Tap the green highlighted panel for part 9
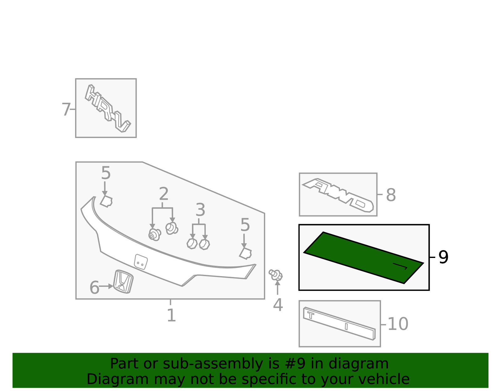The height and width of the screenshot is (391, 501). point(363,257)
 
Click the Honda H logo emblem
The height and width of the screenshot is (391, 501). point(123,281)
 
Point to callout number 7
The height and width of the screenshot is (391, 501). point(66,110)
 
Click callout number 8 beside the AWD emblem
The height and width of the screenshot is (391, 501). point(391,195)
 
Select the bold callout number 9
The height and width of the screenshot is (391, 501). point(443,257)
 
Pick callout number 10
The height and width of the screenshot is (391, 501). point(398,324)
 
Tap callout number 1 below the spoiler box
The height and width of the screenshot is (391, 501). point(171,316)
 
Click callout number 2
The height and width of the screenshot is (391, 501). point(164,194)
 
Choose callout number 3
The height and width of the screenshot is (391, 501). point(200,210)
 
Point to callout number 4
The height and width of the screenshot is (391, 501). point(278,305)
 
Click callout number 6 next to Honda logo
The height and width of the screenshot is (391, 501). point(94,288)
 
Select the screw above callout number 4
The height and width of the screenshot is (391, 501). point(276,275)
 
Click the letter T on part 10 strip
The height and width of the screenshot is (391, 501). point(311,315)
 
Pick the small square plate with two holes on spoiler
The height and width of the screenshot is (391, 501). point(141,262)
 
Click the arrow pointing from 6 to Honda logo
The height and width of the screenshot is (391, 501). point(106,286)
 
